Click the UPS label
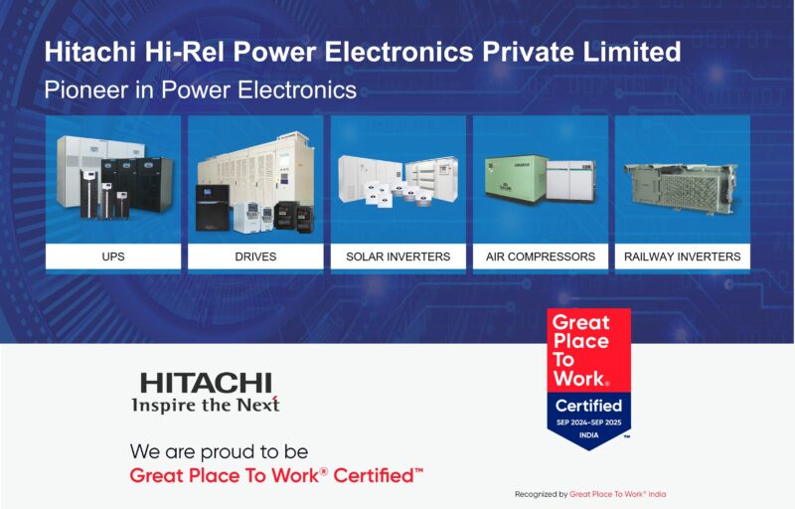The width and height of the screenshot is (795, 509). pyautogui.click(x=113, y=256)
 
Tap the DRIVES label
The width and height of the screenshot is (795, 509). pyautogui.click(x=255, y=256)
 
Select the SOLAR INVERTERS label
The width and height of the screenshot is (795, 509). pyautogui.click(x=398, y=256)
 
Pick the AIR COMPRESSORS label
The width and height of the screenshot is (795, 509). pyautogui.click(x=541, y=256)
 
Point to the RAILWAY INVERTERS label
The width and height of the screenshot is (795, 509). pyautogui.click(x=683, y=256)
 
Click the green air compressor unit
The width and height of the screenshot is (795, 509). pyautogui.click(x=516, y=179)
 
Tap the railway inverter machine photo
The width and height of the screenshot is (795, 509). pyautogui.click(x=682, y=189)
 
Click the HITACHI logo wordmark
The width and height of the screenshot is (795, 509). pyautogui.click(x=206, y=384)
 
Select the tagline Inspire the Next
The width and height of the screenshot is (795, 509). pyautogui.click(x=206, y=405)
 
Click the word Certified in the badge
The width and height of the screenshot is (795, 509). pyautogui.click(x=588, y=406)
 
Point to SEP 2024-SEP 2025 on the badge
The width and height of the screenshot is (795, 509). pyautogui.click(x=588, y=423)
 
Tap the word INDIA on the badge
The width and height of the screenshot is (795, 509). pyautogui.click(x=588, y=435)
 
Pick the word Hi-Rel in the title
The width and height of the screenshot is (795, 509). pyautogui.click(x=184, y=52)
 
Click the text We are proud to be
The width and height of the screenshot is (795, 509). pyautogui.click(x=219, y=451)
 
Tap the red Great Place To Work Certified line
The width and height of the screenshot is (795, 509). pyautogui.click(x=276, y=475)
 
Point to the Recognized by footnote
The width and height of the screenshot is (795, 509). pyautogui.click(x=590, y=494)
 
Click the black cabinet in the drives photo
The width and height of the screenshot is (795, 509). pyautogui.click(x=212, y=208)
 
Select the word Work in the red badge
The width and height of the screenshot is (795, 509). pyautogui.click(x=580, y=378)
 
